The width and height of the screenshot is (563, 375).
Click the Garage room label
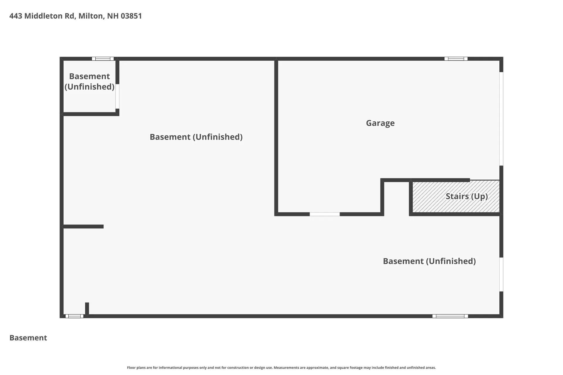tap(380, 123)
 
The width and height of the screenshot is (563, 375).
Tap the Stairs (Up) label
tap(467, 196)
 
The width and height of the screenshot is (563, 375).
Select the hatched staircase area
tap(456, 196)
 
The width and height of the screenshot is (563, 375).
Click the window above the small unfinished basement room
tap(103, 59)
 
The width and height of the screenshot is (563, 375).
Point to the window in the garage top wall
tap(456, 59)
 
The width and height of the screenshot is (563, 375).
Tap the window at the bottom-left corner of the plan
tap(74, 316)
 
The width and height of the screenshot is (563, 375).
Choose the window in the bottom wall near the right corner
tap(450, 316)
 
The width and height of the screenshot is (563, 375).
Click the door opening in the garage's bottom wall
tap(325, 214)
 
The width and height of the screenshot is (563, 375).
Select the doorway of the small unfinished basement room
tap(117, 96)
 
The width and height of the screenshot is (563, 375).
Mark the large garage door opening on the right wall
tap(501, 119)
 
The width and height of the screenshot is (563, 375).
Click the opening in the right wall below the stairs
tap(501, 275)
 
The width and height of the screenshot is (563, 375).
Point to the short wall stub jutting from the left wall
tap(83, 226)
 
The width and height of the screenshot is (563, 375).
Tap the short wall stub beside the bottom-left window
tap(87, 309)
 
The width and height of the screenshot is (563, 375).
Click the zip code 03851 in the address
tap(131, 16)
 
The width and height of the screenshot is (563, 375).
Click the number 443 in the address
tap(16, 16)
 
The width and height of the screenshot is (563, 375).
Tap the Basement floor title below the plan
tap(28, 338)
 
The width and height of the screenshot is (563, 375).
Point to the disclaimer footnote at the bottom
tap(281, 368)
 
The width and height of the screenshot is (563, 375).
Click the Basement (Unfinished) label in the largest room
tap(196, 137)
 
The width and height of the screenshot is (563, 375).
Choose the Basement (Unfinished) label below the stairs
tap(429, 261)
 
